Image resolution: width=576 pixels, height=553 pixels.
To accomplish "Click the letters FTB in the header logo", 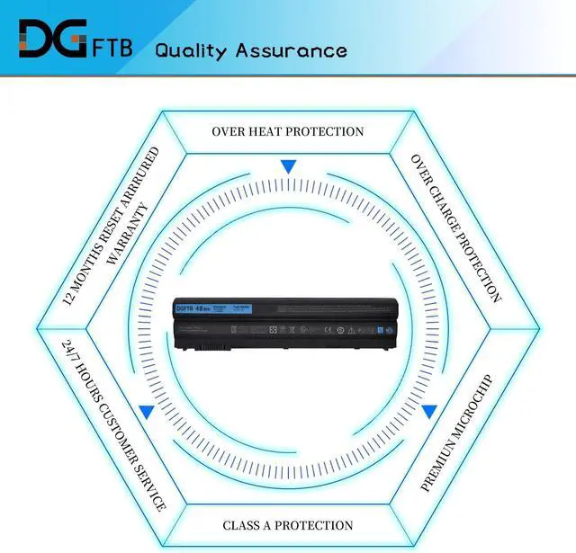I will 113,48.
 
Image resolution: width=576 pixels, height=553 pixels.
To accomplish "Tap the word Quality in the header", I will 192,49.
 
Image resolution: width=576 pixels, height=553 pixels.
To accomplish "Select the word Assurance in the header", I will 291,49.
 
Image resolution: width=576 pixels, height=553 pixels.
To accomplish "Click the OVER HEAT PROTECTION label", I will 288,131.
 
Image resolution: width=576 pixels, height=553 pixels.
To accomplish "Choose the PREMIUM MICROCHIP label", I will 456,433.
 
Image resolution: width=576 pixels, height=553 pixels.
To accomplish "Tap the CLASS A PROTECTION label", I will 288,525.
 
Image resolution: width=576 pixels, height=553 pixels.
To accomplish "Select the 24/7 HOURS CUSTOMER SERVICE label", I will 112,424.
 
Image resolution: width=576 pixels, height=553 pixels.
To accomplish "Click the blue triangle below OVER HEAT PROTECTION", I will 288,166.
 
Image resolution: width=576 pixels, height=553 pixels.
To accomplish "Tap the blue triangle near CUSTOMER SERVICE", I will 145,413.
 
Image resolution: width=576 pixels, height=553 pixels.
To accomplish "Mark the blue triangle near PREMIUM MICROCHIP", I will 430,412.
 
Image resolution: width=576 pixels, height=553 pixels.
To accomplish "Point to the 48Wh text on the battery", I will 209,308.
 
